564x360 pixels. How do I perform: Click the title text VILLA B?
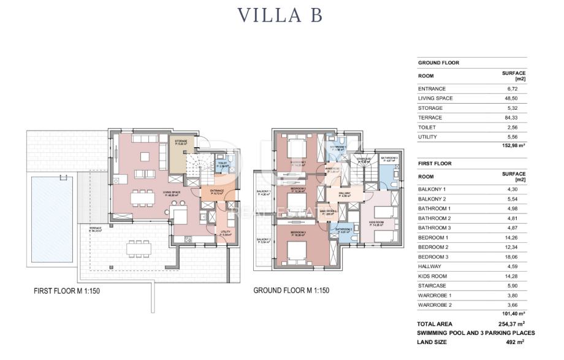[x=282, y=15]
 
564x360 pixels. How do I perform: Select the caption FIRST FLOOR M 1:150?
[x=67, y=291]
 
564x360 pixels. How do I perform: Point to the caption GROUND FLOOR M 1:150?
[x=291, y=291]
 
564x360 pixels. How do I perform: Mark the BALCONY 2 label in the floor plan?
[x=264, y=240]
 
